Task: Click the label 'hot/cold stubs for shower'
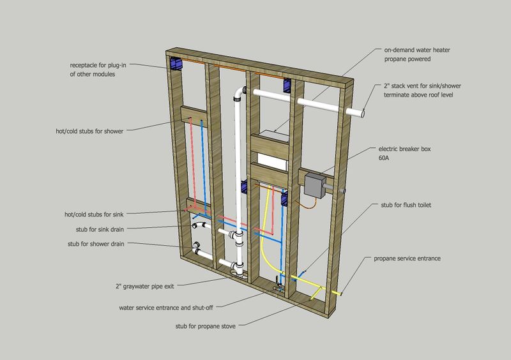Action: [x=89, y=131]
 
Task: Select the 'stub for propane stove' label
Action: [x=205, y=326]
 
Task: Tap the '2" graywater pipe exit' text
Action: [x=145, y=287]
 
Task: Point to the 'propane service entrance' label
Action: [x=407, y=259]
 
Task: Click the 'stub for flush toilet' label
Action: [x=406, y=205]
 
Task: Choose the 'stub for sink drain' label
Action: [x=100, y=229]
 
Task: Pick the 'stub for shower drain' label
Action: [x=96, y=244]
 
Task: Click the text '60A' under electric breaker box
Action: [x=384, y=158]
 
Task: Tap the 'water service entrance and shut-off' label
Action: [x=166, y=308]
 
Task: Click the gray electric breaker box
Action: [x=314, y=186]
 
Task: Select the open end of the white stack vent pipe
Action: [x=362, y=114]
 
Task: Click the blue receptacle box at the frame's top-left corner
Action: [x=175, y=64]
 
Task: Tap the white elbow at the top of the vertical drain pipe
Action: [x=240, y=93]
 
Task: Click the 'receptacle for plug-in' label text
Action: [x=98, y=65]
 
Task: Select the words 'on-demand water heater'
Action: [x=417, y=50]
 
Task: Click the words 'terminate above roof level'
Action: [x=418, y=95]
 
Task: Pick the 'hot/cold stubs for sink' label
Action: [x=94, y=214]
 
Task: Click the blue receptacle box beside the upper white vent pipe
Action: [x=287, y=86]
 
